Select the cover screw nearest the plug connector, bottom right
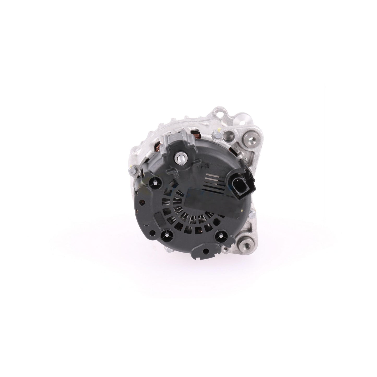point(219,236)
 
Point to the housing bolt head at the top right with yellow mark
point(218,135)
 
